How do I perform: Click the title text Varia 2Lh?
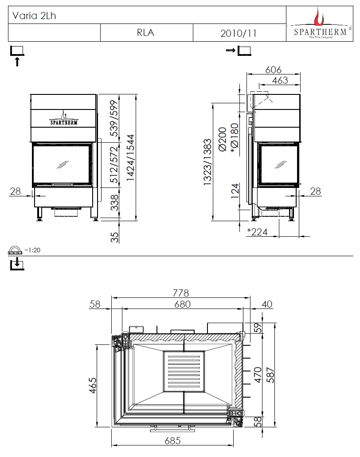[34, 16]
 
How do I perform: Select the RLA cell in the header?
[145, 33]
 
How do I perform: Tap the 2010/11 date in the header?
[238, 33]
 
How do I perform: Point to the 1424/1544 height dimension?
[130, 158]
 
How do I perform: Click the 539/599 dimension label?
[114, 118]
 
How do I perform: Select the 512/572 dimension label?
[114, 165]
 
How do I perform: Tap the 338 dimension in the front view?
[114, 202]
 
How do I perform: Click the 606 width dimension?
[274, 70]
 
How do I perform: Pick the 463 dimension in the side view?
[280, 80]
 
